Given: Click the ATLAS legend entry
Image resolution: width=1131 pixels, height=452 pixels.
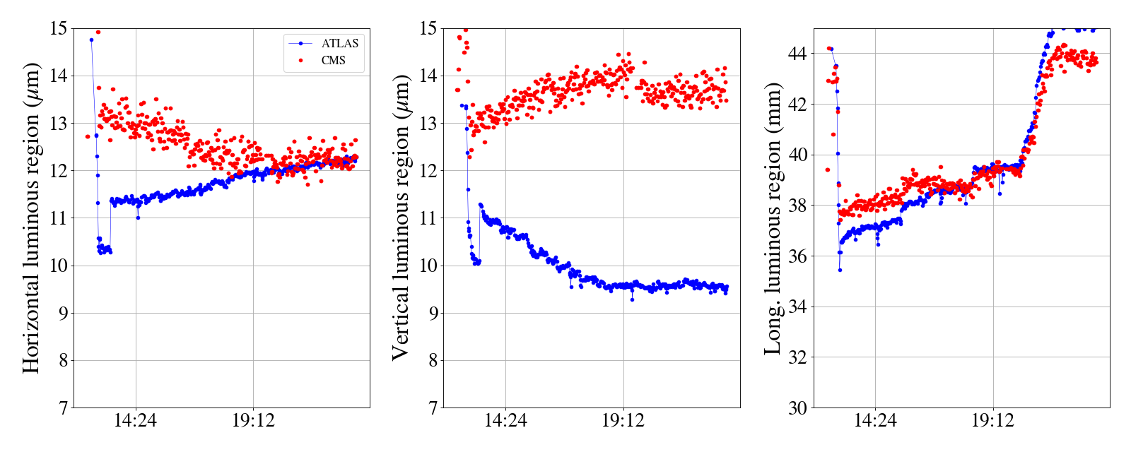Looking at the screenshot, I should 339,43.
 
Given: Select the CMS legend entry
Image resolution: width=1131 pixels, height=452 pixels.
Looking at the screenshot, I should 333,61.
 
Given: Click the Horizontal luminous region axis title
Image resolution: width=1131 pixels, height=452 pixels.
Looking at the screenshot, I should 32,218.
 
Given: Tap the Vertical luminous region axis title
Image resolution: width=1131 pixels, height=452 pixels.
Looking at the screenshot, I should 401,218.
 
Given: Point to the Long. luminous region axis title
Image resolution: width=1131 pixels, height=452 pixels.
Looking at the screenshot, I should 773,218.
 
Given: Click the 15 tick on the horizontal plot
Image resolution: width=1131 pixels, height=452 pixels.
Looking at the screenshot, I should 59,28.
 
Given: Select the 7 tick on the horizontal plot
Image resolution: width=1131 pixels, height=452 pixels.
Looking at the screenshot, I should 63,408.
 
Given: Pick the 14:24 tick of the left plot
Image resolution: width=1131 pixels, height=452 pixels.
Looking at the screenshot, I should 136,422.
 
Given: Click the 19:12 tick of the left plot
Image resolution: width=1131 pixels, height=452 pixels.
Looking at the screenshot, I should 254,422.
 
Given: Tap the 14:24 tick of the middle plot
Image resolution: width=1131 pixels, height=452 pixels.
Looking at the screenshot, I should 505,422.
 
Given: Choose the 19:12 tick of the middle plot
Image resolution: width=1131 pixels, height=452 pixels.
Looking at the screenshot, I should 623,422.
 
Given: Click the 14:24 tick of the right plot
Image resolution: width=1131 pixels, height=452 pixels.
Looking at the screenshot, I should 875,422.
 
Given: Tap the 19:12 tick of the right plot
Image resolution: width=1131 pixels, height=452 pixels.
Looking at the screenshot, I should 992,422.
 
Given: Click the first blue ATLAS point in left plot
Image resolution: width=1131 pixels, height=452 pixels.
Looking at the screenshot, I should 91,40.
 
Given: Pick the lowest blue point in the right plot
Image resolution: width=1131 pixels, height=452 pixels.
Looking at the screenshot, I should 840,270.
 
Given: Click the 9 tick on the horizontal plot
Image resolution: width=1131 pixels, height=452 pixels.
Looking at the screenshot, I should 63,313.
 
